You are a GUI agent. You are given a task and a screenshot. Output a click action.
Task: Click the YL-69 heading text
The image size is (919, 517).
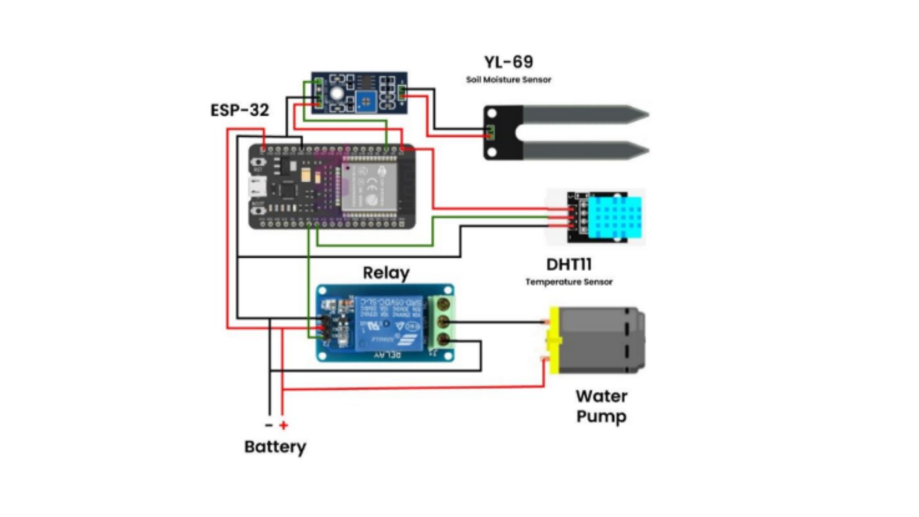[508, 62]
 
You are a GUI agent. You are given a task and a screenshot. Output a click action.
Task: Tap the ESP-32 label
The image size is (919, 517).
[240, 110]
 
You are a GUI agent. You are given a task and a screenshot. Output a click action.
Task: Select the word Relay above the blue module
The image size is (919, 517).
[386, 273]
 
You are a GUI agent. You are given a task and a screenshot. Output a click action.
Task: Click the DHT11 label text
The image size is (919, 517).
[569, 264]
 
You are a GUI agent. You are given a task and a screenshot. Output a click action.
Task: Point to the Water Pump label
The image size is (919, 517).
[601, 406]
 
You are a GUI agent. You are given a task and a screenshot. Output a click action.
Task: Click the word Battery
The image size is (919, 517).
[275, 447]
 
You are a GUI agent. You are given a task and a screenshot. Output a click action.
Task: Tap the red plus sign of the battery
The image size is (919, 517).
[284, 425]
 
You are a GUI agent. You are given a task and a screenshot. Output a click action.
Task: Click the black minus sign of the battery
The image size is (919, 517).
[269, 425]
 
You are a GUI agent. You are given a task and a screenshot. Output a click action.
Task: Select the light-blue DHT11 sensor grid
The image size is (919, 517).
[615, 217]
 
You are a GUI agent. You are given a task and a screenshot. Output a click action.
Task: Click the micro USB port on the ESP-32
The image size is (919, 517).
[258, 187]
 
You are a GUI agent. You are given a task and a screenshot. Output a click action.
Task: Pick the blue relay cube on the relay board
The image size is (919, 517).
[389, 323]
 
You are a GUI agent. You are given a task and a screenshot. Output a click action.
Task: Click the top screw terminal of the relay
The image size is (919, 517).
[444, 303]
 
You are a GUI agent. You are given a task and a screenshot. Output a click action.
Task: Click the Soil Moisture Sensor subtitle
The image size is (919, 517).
[508, 79]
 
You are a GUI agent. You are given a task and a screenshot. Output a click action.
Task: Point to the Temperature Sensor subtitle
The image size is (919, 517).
[569, 282]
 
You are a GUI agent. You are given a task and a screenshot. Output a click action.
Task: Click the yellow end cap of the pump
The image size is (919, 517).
[554, 340]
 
